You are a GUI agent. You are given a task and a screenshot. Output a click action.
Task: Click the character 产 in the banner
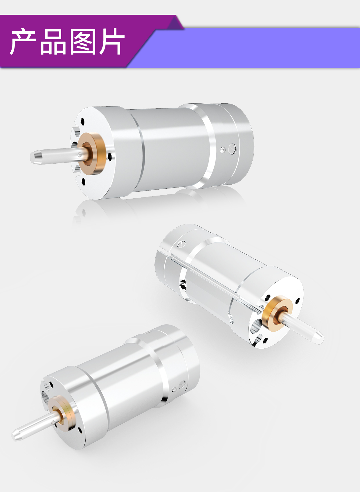coord(23,41)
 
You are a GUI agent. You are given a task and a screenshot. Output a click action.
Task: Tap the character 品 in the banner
coord(53,41)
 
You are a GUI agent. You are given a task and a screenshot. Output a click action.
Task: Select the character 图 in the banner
coord(82,41)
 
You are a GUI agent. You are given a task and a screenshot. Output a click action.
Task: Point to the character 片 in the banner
coord(112,41)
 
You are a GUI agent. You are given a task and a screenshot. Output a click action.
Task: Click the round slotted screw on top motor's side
coord(232,149)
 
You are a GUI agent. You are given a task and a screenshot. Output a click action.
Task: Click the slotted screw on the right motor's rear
coord(182,244)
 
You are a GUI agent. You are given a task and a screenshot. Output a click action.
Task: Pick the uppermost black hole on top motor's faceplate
coord(82,121)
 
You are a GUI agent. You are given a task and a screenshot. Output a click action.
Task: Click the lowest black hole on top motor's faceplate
coord(84,182)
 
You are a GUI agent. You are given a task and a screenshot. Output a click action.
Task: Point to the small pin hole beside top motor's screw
coord(222,150)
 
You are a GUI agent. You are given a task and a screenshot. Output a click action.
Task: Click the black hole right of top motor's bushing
coord(110,157)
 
